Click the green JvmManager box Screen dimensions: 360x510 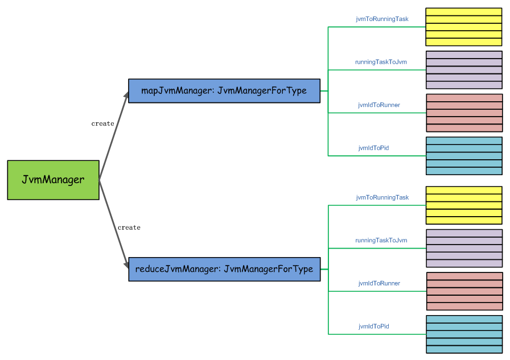(x=53, y=180)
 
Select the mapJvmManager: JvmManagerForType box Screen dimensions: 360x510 (x=224, y=91)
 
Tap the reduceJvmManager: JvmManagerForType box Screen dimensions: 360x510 (x=224, y=269)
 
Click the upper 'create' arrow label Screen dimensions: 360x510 (x=102, y=123)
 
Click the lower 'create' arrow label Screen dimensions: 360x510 (x=129, y=227)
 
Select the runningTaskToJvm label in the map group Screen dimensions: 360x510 (x=381, y=62)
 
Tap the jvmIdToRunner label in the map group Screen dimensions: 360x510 (x=379, y=105)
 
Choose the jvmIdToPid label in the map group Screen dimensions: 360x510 (x=373, y=148)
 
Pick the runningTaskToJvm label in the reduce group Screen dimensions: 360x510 (x=381, y=241)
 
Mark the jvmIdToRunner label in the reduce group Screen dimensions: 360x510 (x=379, y=283)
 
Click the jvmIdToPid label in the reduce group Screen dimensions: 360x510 (x=373, y=326)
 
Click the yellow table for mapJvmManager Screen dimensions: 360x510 (x=463, y=27)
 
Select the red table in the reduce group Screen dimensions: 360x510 (x=464, y=291)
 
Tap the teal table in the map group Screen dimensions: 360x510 (x=463, y=155)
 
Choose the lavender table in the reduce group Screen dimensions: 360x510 (x=464, y=248)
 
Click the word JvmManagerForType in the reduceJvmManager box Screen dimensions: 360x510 (x=268, y=269)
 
